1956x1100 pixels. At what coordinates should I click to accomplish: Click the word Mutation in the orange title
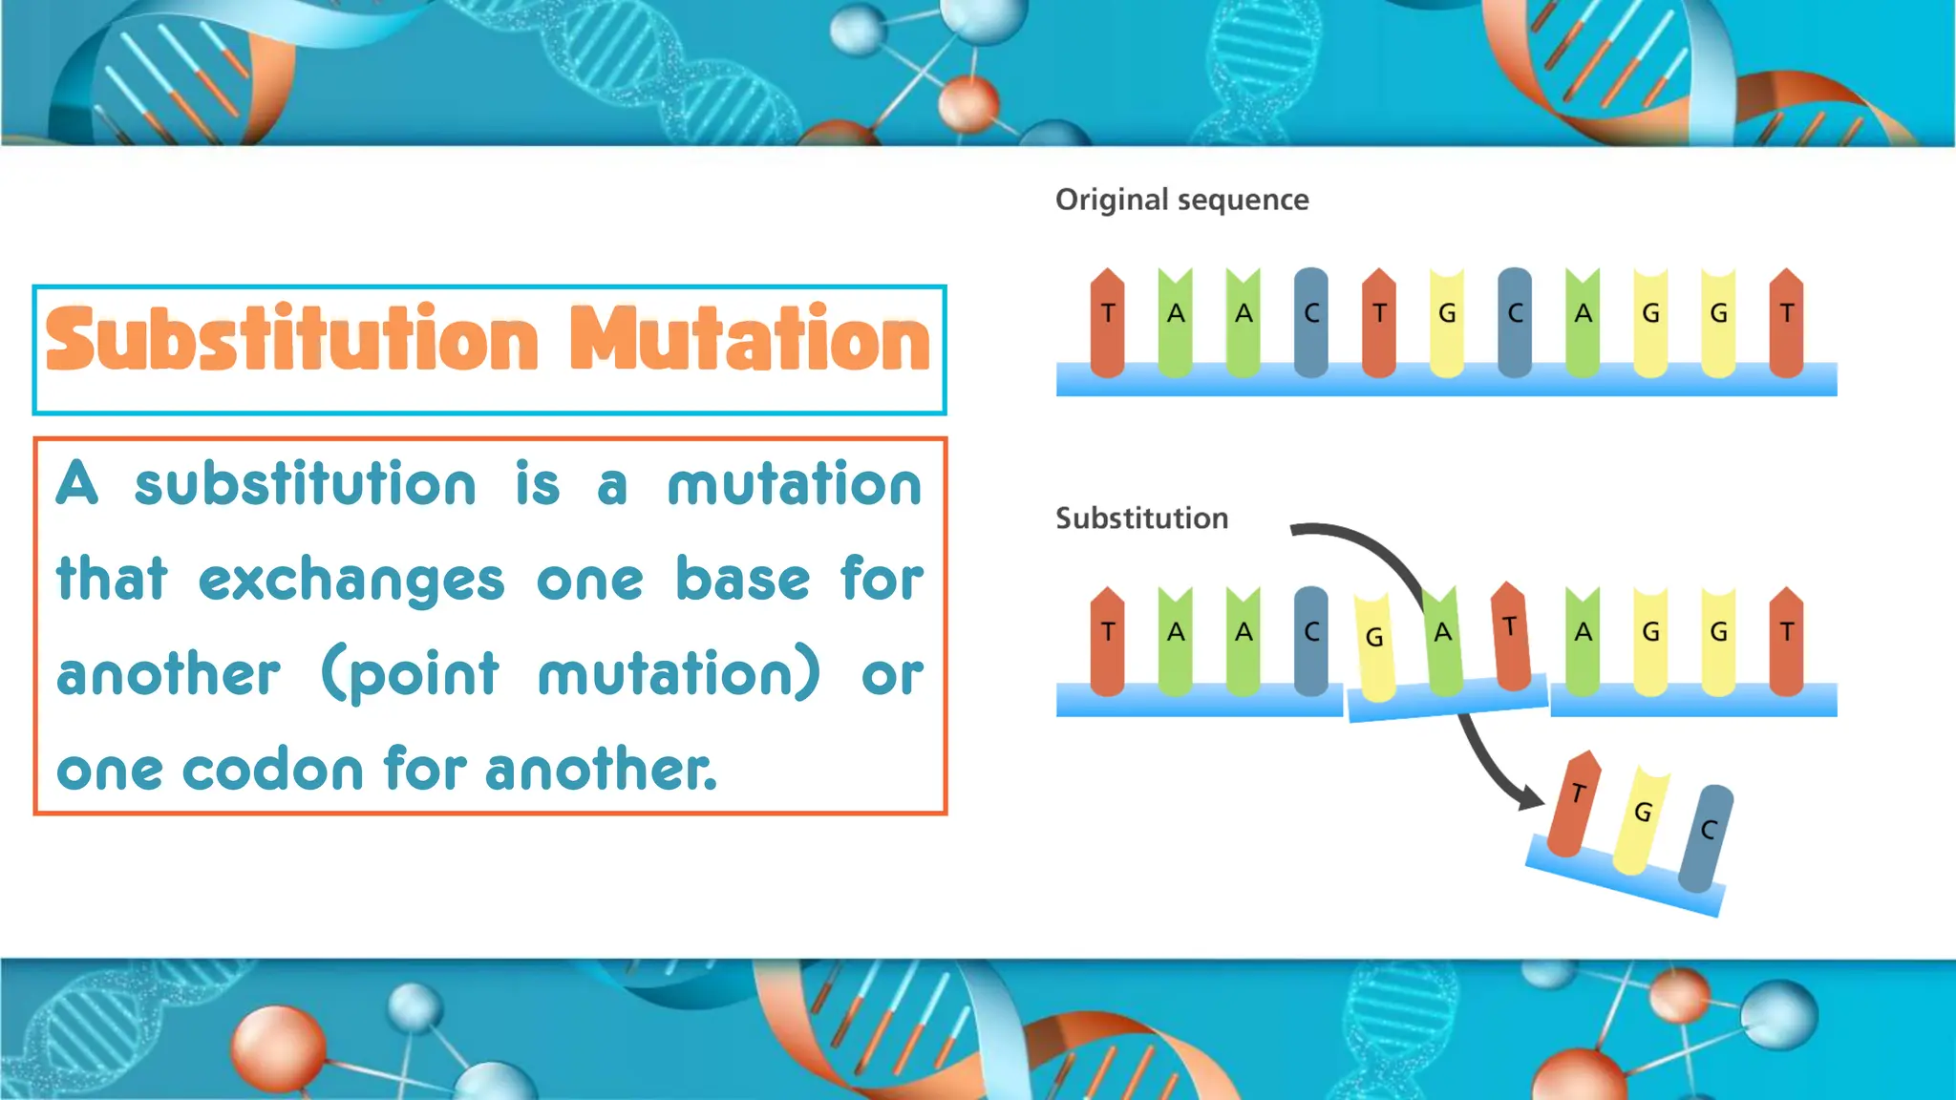pos(750,340)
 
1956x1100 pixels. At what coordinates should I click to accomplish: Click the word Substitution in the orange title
pos(292,340)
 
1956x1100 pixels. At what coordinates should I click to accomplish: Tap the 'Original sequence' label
pos(1181,200)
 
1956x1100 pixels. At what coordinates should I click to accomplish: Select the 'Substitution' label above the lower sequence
pos(1141,518)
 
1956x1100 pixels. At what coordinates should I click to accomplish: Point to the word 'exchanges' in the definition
pos(351,581)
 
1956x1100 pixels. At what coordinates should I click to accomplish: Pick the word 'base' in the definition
pos(742,579)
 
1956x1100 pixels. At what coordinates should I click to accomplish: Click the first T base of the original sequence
pos(1107,323)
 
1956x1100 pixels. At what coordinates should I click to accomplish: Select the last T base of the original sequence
pos(1786,323)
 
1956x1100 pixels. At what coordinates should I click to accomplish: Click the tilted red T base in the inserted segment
pos(1511,636)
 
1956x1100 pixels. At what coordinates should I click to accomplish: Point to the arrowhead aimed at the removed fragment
pos(1530,796)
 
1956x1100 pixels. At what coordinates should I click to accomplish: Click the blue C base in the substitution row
pos(1311,640)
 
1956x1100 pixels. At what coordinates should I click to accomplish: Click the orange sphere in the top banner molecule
pos(967,103)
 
